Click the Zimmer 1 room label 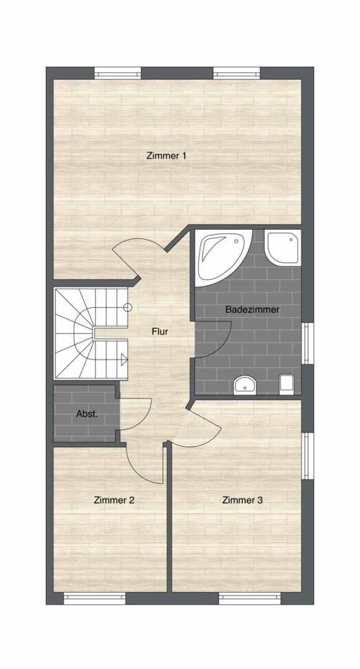(166, 155)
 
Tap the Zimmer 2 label (114, 500)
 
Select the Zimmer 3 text (242, 500)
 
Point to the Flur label (160, 331)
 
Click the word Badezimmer (252, 310)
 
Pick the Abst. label (87, 414)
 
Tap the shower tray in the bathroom (283, 247)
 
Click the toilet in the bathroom (287, 384)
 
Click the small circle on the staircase (128, 307)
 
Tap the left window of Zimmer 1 (117, 73)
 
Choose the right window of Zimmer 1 (237, 73)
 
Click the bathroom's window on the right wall (307, 343)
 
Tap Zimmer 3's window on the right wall (307, 456)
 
